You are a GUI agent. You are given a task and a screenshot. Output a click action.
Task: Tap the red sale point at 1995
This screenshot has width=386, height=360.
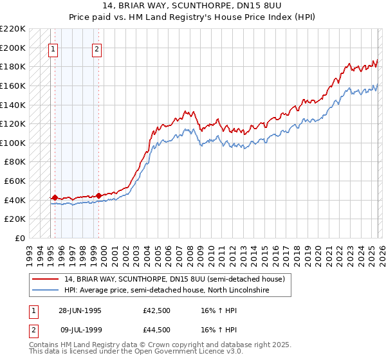55,198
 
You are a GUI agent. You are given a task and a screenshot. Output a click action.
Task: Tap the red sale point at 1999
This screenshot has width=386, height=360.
98,195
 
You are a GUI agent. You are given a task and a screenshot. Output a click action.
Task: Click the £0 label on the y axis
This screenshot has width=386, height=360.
21,238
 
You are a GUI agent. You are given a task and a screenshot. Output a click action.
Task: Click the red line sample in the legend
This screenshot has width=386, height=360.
46,279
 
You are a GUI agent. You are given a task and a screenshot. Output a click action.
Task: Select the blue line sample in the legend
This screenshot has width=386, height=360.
46,291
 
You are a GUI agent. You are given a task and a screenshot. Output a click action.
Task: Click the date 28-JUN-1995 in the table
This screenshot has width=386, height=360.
80,310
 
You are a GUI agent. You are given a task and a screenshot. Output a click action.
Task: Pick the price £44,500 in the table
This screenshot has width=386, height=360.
157,330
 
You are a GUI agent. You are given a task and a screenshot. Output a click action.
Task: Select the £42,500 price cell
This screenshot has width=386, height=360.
157,310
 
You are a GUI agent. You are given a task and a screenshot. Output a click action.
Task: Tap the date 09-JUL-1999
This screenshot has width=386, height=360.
80,330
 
